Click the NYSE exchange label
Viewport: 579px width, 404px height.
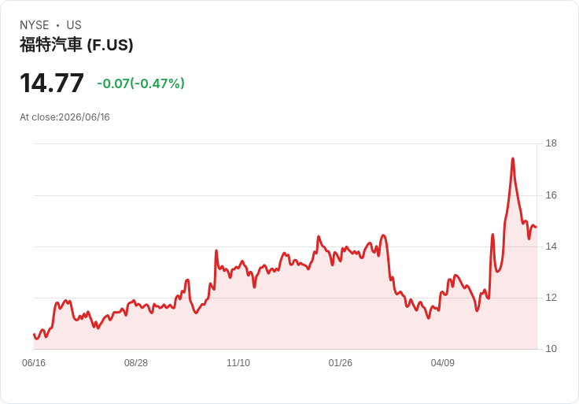pyautogui.click(x=35, y=25)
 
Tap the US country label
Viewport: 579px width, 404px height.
pyautogui.click(x=74, y=25)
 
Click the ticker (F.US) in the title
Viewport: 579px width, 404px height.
pyautogui.click(x=110, y=45)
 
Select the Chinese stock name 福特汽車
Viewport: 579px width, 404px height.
pyautogui.click(x=51, y=45)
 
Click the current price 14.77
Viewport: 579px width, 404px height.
pyautogui.click(x=52, y=83)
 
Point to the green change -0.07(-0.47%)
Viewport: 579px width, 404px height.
pyautogui.click(x=141, y=83)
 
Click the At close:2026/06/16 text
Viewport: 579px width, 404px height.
pyautogui.click(x=65, y=117)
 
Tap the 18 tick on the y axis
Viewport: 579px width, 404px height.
pyautogui.click(x=551, y=143)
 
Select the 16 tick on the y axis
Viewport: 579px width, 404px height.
pyautogui.click(x=551, y=195)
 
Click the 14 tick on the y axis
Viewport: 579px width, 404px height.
pyautogui.click(x=551, y=246)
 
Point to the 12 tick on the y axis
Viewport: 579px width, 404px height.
pyautogui.click(x=551, y=298)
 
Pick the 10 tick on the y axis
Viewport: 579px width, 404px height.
pyautogui.click(x=551, y=349)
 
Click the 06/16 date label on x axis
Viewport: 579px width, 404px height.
pyautogui.click(x=34, y=363)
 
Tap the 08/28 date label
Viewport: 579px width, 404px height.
pyautogui.click(x=136, y=363)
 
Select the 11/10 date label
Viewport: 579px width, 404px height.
pyautogui.click(x=238, y=363)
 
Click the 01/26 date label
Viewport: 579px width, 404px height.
pyautogui.click(x=340, y=363)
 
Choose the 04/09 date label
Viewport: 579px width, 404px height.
pyautogui.click(x=442, y=363)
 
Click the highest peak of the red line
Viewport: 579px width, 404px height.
pyautogui.click(x=513, y=158)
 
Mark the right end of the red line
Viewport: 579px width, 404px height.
pyautogui.click(x=537, y=227)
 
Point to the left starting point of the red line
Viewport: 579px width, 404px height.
pyautogui.click(x=34, y=334)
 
